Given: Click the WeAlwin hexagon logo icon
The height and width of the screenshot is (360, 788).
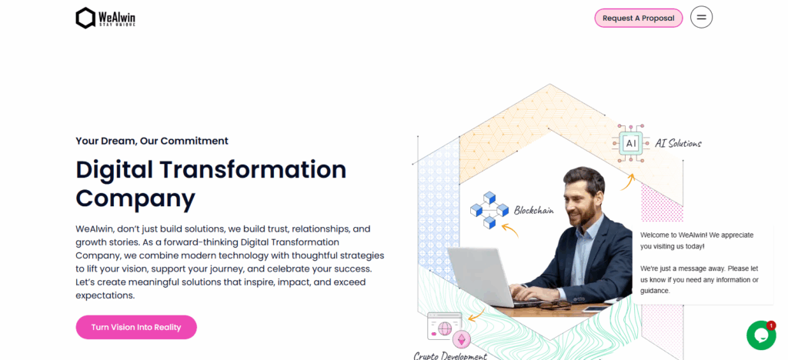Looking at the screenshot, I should (x=85, y=18).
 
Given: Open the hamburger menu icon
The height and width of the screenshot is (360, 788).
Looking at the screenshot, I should (x=701, y=17).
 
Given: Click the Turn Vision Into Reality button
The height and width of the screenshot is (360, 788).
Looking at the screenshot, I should (x=136, y=327).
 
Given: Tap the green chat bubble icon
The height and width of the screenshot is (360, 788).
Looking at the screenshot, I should (x=760, y=335).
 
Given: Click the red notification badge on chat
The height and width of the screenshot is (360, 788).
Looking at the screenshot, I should (x=771, y=325).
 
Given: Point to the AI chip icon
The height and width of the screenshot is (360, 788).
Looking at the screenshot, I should (x=631, y=143).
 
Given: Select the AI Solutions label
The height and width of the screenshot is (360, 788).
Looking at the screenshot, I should (x=678, y=143).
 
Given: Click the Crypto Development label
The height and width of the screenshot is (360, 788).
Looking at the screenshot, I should (x=450, y=355).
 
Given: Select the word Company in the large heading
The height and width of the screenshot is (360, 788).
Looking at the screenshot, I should (x=135, y=198).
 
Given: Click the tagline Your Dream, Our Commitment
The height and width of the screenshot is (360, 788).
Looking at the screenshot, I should (x=152, y=141).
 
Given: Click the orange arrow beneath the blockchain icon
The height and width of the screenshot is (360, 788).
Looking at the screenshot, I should (x=509, y=228).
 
